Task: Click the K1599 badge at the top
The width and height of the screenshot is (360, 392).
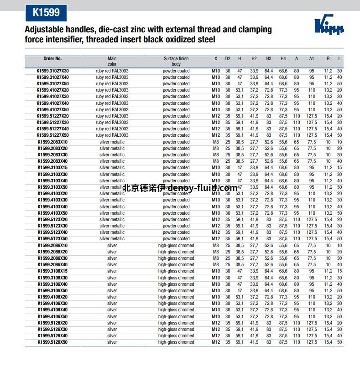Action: coord(46,12)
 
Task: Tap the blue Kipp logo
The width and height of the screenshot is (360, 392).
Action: coord(329,26)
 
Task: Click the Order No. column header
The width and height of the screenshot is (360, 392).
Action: coord(52,59)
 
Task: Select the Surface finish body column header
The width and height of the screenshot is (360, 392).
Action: coord(176,61)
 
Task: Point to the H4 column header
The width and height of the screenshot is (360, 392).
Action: coord(283,59)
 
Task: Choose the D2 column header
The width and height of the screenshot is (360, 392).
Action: coord(228,59)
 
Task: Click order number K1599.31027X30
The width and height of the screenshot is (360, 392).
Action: coord(52,71)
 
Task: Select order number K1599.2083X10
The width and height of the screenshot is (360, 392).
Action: coord(52,142)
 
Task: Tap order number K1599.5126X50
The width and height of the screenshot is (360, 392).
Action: coord(52,342)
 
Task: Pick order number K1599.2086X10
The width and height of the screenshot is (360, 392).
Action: coord(52,246)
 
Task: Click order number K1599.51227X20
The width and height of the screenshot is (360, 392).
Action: coord(52,116)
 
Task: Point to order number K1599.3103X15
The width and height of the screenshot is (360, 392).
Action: coord(52,168)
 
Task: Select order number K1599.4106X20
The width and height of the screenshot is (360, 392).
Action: coord(52,297)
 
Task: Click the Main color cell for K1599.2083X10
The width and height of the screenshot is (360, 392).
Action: coord(112,142)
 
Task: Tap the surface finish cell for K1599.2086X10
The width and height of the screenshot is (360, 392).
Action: coord(176,246)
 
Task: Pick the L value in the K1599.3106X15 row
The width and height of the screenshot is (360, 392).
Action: coord(339,271)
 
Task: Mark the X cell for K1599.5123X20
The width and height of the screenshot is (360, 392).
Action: coord(216,220)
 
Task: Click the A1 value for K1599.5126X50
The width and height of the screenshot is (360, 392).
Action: coord(312,342)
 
